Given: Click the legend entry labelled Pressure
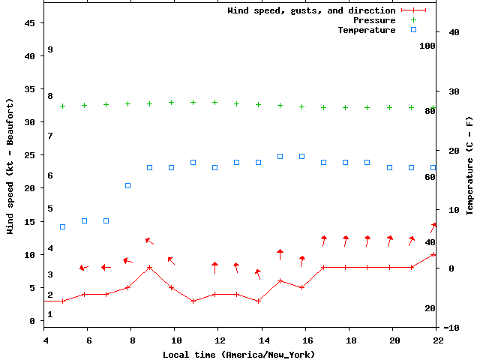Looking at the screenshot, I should click(373, 20).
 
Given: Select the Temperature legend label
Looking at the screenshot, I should click(366, 30).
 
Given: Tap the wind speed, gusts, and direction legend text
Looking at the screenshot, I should click(311, 10).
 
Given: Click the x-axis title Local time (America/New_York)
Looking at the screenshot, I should click(238, 354).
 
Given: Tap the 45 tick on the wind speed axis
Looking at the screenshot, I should click(31, 23).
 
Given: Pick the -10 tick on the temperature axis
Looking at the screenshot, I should click(452, 328).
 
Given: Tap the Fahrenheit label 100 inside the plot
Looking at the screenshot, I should click(427, 46).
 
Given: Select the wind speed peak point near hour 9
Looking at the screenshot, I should click(150, 267).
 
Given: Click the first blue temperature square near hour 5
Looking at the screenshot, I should click(62, 226).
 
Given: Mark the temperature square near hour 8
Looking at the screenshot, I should click(127, 185).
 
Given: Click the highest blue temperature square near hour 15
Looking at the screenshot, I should click(280, 156).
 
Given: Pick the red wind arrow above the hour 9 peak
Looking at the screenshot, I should click(148, 241).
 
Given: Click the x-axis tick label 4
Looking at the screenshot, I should click(46, 340).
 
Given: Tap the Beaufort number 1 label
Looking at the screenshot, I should click(49, 314).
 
